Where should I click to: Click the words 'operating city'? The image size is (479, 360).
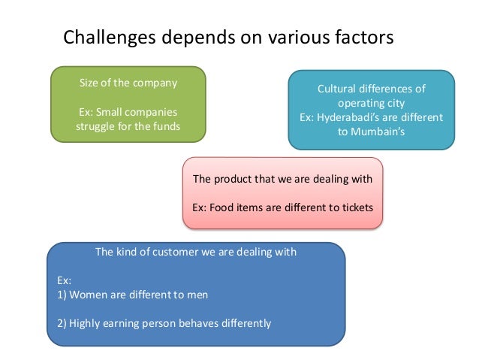[x=372, y=103]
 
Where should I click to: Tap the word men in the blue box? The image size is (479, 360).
[x=197, y=294]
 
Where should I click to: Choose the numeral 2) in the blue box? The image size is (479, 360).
[x=62, y=323]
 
